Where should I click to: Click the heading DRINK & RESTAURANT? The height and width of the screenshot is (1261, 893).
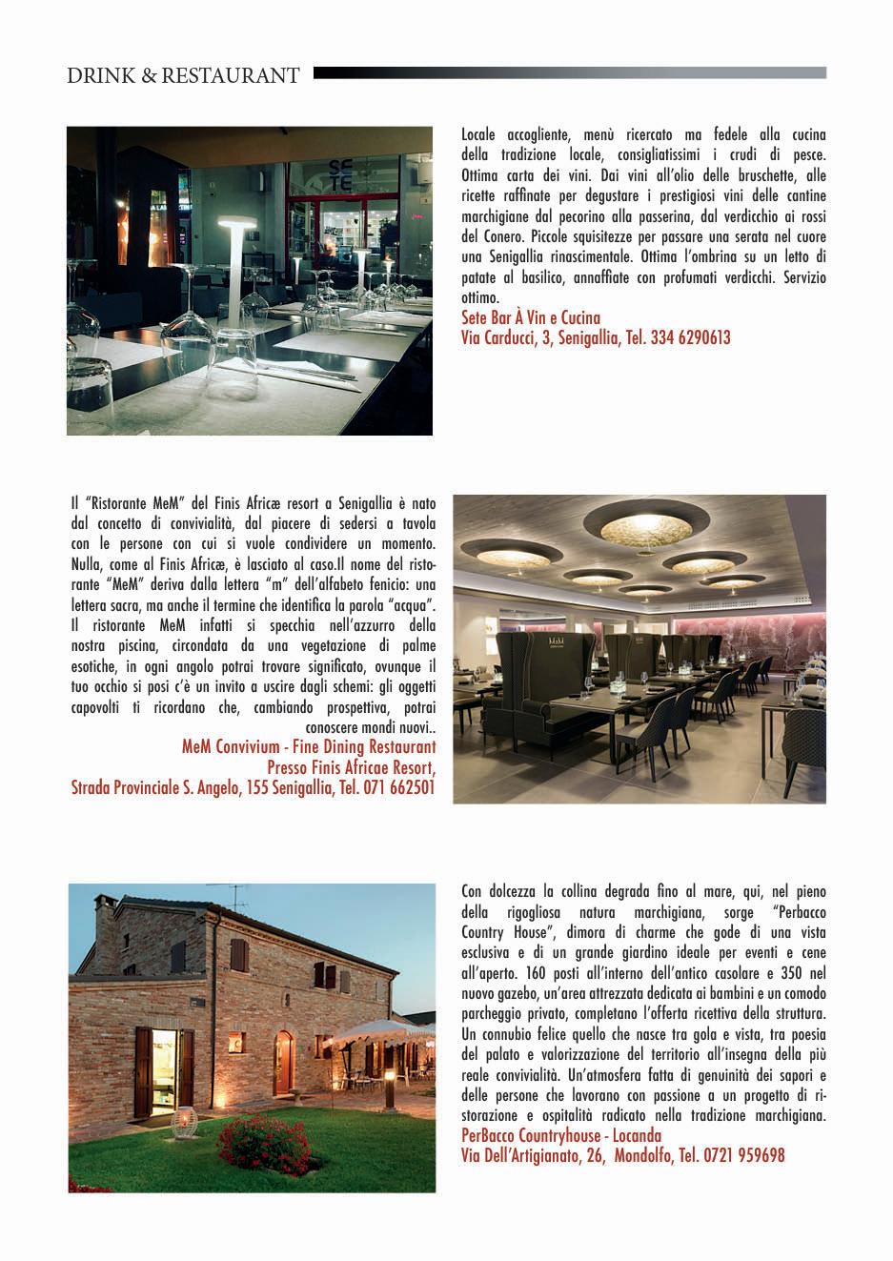click(x=183, y=75)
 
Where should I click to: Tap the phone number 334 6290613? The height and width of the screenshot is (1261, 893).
click(x=691, y=337)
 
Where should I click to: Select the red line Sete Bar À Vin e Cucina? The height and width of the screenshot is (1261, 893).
click(x=530, y=318)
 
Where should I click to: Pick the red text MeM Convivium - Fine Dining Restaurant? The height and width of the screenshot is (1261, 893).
click(x=309, y=746)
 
